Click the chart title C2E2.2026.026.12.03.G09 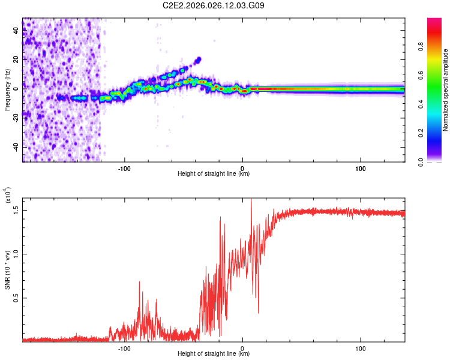[214, 6]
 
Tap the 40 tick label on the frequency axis [16, 31]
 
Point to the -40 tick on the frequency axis [16, 147]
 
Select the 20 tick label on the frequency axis [16, 60]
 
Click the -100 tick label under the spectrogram [125, 168]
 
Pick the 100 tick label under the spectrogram [361, 168]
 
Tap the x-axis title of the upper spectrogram [214, 174]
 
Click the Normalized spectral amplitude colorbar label [445, 90]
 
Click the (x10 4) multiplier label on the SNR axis [8, 195]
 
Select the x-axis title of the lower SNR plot [214, 354]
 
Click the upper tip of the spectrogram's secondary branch [199, 59]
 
